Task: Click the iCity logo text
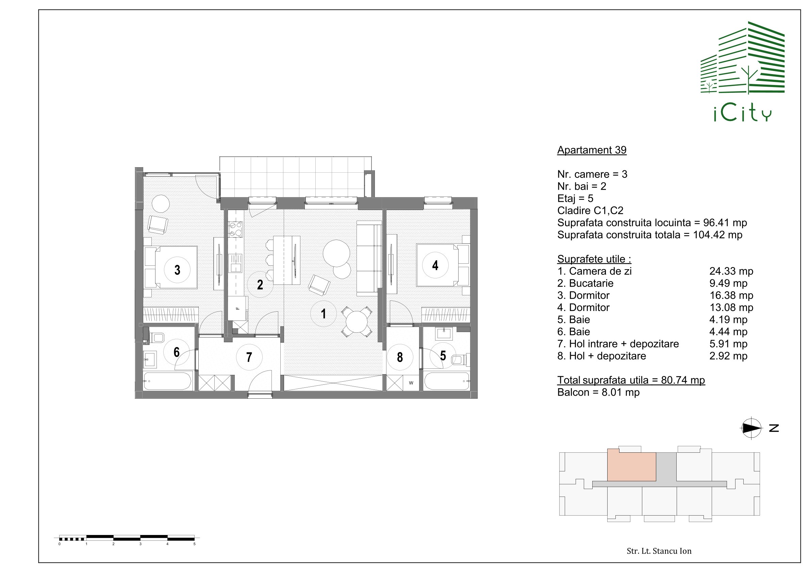pos(743,114)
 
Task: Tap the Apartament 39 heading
pos(592,150)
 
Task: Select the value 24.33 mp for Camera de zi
pos(731,271)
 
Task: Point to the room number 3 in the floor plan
pos(177,270)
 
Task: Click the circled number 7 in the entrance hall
pos(249,357)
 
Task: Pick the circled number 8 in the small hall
pos(400,357)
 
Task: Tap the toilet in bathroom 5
pos(461,360)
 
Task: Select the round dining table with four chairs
pos(357,322)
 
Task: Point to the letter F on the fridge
pos(237,308)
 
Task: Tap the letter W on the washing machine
pos(411,383)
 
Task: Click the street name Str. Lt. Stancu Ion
pos(659,551)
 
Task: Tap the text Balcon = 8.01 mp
pos(598,392)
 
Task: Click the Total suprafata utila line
pos(631,380)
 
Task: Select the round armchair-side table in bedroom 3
pos(161,204)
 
